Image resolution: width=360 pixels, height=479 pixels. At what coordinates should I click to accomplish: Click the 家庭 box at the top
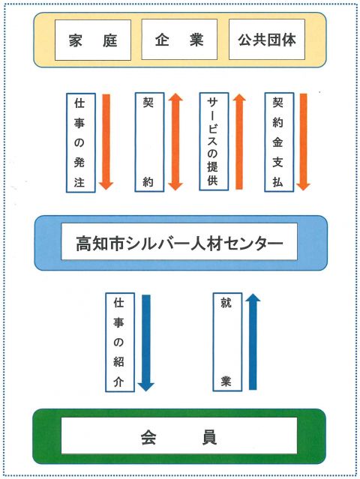point(93,40)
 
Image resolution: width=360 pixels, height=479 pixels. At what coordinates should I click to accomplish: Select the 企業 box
point(179,40)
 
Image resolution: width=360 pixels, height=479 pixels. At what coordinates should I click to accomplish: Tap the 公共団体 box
point(267,40)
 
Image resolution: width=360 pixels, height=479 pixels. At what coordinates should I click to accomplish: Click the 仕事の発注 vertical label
point(81,143)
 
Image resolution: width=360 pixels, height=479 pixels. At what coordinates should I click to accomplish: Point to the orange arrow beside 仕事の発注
point(106,142)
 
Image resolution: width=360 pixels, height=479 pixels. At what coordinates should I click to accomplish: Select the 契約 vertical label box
point(149,142)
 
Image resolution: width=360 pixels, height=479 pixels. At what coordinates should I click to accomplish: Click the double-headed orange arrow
point(175,142)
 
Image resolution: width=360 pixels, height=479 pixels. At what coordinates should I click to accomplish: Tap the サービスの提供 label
point(214,142)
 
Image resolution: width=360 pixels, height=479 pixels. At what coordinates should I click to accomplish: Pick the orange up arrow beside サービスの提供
point(239,142)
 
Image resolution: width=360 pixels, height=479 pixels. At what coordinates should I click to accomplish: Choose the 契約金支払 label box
point(279,142)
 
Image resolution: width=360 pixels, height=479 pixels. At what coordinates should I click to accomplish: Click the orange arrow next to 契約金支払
point(303,142)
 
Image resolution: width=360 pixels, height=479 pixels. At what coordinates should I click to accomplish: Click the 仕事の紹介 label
point(120,342)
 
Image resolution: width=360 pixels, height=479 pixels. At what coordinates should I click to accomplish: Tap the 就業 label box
point(227,342)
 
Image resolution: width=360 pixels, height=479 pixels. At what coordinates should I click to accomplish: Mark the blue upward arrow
point(253,342)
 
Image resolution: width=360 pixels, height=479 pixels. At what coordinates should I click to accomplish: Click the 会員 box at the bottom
point(179,436)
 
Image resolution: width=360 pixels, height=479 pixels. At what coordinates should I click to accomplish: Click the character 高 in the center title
point(84,244)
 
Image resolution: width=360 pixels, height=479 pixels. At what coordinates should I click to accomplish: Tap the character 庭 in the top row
point(110,40)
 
